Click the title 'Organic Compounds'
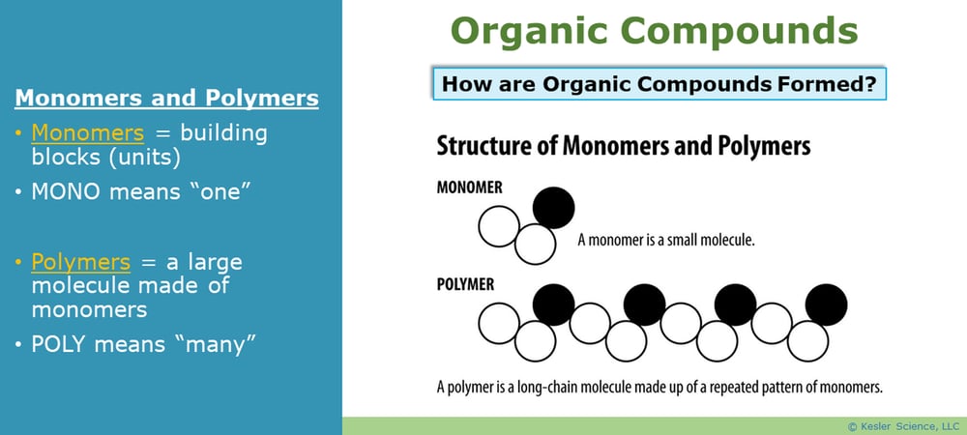coord(655,31)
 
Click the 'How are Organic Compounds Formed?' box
coord(659,84)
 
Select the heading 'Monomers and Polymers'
coord(166,99)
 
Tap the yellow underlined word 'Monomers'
coord(88,132)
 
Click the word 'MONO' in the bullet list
coord(66,191)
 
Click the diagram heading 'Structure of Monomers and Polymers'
coord(624,147)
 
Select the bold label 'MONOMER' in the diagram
coord(470,188)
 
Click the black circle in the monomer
coord(554,207)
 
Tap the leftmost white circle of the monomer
coord(500,228)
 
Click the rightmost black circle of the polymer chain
coord(827,304)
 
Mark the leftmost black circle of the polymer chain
coord(553,304)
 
